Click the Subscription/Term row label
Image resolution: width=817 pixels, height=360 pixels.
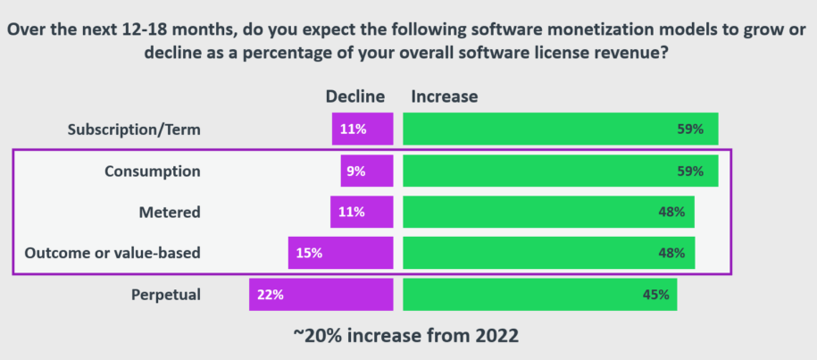[134, 130]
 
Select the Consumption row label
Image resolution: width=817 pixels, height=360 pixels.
[153, 171]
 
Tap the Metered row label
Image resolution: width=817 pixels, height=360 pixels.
[169, 212]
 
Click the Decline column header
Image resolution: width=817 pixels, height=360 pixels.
[354, 96]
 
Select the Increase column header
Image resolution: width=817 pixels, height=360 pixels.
[444, 96]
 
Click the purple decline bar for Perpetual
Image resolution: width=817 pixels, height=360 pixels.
[321, 294]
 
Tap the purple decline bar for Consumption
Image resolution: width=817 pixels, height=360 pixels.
[367, 171]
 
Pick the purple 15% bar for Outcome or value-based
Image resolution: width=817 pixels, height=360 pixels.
[340, 253]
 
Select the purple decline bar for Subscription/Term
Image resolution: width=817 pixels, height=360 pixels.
[363, 130]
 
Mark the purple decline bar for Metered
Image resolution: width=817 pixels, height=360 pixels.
[362, 212]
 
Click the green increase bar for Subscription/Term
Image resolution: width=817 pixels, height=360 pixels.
[560, 130]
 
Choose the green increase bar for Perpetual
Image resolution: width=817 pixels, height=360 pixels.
[539, 294]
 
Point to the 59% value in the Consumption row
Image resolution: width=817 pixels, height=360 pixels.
[690, 171]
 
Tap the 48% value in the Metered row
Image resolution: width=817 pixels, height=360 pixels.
[671, 212]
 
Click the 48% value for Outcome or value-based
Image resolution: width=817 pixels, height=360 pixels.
[671, 253]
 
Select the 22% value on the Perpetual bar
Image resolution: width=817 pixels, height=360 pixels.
[271, 294]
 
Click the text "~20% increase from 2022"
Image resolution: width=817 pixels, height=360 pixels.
[407, 337]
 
